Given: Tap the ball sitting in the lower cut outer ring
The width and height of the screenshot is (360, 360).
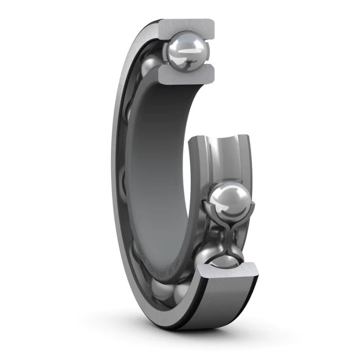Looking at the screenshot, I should [x=217, y=256].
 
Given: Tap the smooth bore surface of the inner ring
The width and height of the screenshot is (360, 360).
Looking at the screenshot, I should [x=160, y=170].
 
